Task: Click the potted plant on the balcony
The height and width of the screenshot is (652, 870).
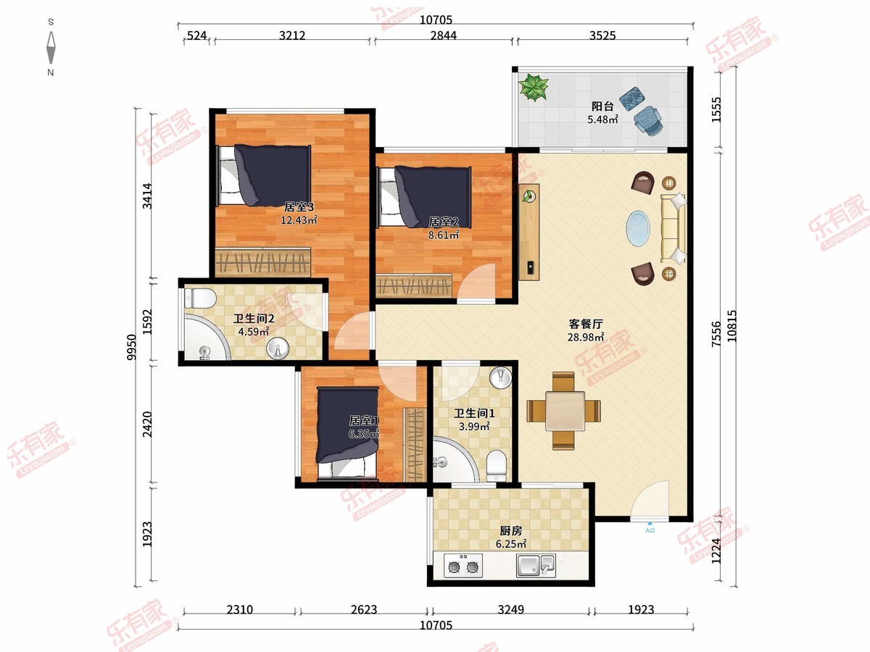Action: pyautogui.click(x=534, y=87)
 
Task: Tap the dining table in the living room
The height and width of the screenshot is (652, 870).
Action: pyautogui.click(x=565, y=411)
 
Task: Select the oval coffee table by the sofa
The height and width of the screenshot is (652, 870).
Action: pyautogui.click(x=638, y=229)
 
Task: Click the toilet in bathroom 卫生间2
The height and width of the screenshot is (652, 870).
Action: pyautogui.click(x=200, y=298)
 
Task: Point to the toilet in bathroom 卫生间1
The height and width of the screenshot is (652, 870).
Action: pyautogui.click(x=496, y=466)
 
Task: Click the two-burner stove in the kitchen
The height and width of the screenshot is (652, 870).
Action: pyautogui.click(x=463, y=565)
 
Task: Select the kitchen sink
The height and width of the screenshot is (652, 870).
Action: pyautogui.click(x=536, y=565)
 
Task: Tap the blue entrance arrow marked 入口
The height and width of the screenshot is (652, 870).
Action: pyautogui.click(x=650, y=523)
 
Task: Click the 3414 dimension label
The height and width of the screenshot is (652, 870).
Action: pyautogui.click(x=147, y=196)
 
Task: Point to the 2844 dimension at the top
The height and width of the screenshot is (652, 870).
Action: pyautogui.click(x=444, y=35)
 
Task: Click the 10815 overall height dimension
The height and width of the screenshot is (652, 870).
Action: pyautogui.click(x=732, y=326)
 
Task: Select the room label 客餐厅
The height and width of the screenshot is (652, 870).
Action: pyautogui.click(x=586, y=324)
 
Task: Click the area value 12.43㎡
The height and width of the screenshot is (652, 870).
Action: pyautogui.click(x=299, y=220)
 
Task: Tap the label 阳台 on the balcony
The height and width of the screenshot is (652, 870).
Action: pyautogui.click(x=602, y=106)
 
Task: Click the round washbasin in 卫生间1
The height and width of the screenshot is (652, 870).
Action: pyautogui.click(x=501, y=377)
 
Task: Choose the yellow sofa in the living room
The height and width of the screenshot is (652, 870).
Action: pyautogui.click(x=673, y=228)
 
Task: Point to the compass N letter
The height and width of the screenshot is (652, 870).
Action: pyautogui.click(x=51, y=72)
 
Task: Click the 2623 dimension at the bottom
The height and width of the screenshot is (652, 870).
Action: pyautogui.click(x=364, y=609)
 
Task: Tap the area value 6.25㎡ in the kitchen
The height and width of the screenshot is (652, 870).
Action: pyautogui.click(x=511, y=544)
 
